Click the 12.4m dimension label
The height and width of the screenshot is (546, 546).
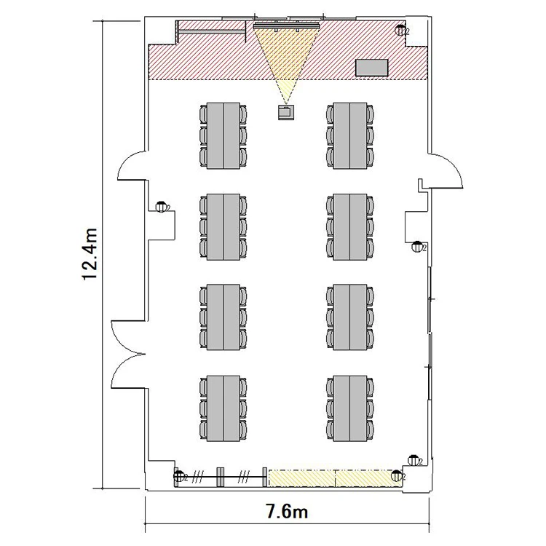(x=90, y=254)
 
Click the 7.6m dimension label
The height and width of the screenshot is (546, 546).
(x=287, y=512)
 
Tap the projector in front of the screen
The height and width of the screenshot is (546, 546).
(x=286, y=112)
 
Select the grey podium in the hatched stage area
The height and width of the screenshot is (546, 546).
(x=371, y=68)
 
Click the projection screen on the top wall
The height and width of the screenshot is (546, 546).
(x=287, y=25)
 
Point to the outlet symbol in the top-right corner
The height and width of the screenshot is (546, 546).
(x=400, y=31)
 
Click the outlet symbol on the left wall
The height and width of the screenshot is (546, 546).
(x=161, y=207)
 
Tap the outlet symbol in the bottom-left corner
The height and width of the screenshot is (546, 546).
(x=179, y=476)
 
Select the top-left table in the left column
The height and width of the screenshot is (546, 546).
(x=223, y=136)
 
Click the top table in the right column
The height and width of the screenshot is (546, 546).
(x=350, y=136)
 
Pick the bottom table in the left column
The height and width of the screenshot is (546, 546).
(x=223, y=408)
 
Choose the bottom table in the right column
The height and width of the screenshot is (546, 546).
(x=350, y=408)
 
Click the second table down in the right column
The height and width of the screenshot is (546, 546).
(x=350, y=226)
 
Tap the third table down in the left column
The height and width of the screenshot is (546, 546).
(x=223, y=317)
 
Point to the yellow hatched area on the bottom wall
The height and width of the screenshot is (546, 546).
(x=335, y=478)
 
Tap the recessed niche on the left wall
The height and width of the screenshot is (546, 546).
(x=162, y=226)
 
